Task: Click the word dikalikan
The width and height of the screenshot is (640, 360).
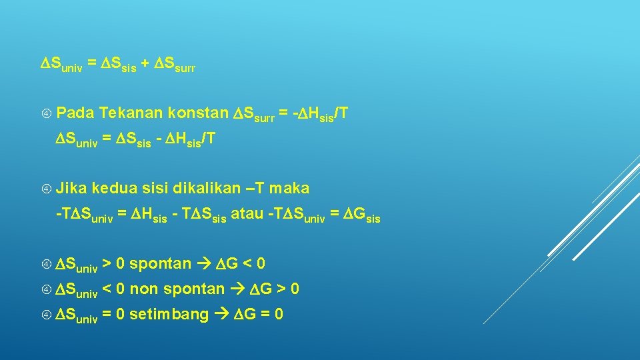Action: click(203, 189)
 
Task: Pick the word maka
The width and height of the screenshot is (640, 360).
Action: click(289, 189)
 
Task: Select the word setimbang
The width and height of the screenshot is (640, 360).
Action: click(169, 315)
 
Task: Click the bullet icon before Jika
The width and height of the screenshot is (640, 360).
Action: click(47, 189)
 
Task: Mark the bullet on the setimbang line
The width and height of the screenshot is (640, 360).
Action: click(47, 315)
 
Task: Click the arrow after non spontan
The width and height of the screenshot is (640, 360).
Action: click(239, 289)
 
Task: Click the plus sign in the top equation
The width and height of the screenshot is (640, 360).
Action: click(145, 65)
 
